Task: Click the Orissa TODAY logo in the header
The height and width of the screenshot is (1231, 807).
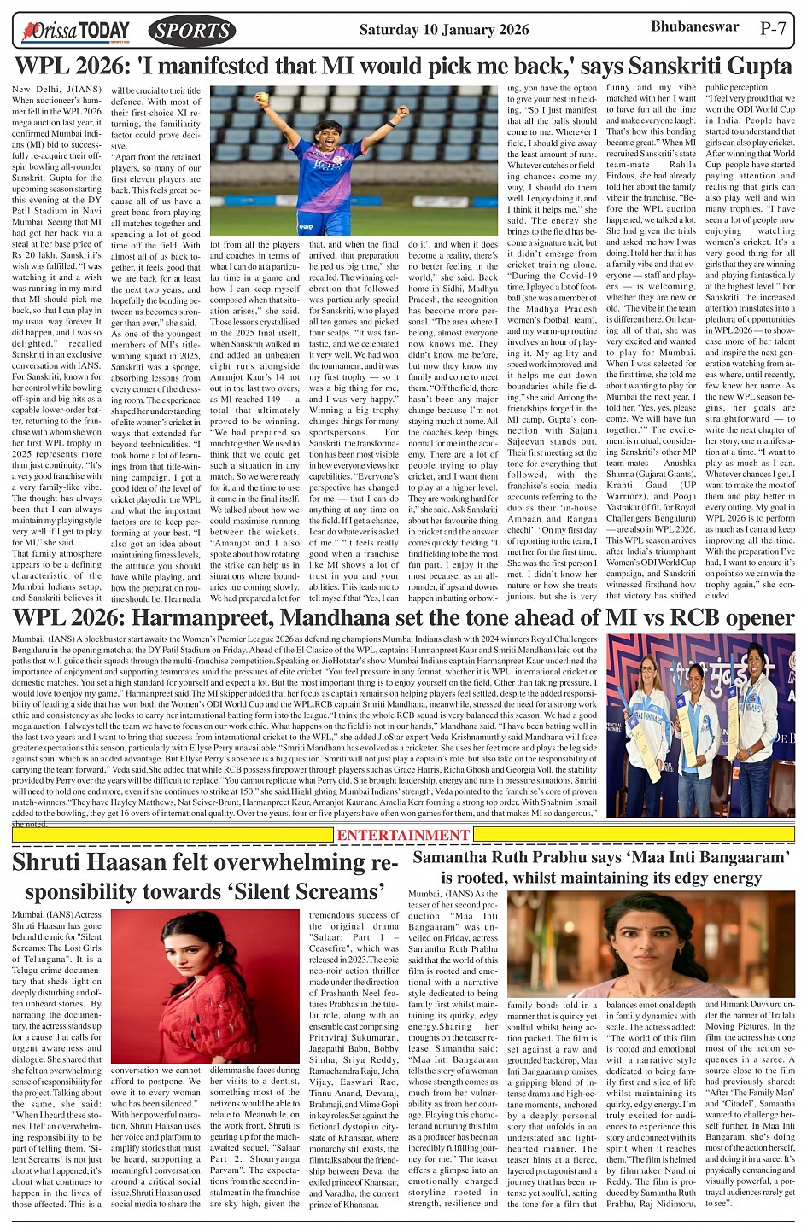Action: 77,32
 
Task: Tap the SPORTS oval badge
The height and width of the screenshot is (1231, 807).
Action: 192,32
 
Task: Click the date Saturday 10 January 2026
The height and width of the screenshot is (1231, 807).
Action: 444,30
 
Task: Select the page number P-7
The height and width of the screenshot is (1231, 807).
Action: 774,28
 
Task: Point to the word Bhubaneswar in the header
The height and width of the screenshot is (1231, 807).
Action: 694,26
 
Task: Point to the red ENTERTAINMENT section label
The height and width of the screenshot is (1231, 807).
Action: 404,835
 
